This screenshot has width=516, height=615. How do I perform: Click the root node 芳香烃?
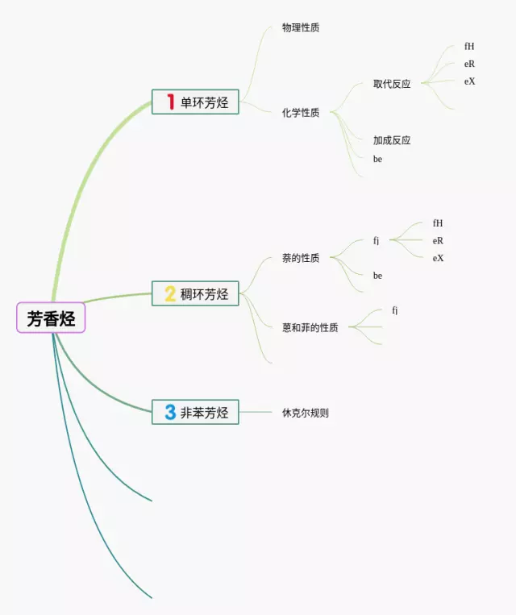[x=51, y=318]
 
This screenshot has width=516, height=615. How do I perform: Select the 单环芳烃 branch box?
[x=195, y=102]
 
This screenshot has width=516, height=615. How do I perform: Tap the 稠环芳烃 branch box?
[x=195, y=293]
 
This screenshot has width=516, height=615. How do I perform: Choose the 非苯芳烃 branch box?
[x=195, y=413]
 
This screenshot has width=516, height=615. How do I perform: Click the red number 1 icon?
[x=170, y=102]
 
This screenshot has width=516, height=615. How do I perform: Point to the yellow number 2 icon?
[x=170, y=293]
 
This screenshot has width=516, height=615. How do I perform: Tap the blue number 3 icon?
[x=170, y=413]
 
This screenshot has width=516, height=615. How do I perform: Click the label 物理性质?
[x=301, y=27]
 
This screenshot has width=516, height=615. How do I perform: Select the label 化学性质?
[x=301, y=113]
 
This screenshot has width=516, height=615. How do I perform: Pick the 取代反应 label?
[x=392, y=84]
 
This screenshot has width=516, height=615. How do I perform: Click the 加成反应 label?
[x=392, y=140]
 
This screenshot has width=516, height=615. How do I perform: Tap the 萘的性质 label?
[x=301, y=258]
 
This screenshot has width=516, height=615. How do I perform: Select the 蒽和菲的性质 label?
[x=310, y=327]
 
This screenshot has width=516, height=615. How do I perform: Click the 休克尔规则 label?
[x=306, y=413]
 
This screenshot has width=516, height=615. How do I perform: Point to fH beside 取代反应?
[x=469, y=47]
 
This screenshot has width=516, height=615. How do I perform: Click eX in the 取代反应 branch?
[x=469, y=81]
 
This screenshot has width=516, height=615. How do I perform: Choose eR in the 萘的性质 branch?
[x=438, y=240]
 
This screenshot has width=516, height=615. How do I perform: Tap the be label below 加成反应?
[x=377, y=159]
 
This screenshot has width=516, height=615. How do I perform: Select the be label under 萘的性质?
[x=377, y=276]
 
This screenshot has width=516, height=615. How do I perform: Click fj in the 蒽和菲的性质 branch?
[x=395, y=310]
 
